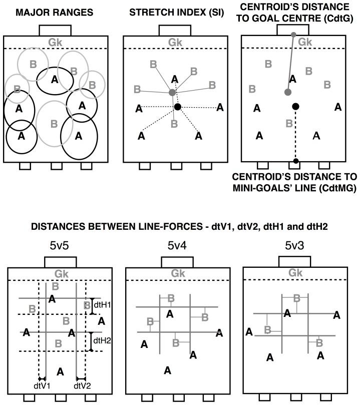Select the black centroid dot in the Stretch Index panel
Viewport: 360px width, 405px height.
pos(177,107)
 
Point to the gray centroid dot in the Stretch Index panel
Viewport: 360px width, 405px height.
pos(172,93)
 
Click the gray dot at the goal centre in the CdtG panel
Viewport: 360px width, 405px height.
pos(294,34)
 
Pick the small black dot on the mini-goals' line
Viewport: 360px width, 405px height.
pos(296,161)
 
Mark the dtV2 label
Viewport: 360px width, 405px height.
pos(81,385)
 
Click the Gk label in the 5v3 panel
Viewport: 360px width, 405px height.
pos(294,273)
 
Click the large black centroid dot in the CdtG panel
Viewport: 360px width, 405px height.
pos(296,106)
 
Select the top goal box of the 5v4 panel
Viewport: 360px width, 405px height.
pos(178,262)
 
